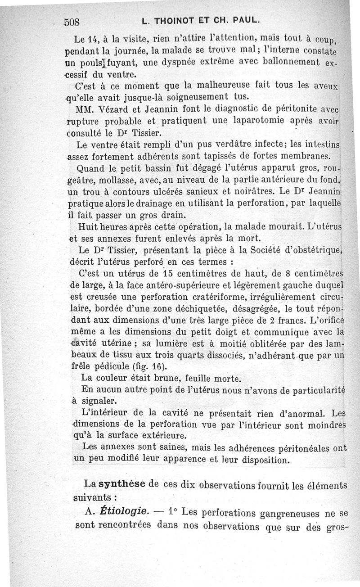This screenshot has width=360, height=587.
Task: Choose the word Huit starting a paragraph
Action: coord(88,226)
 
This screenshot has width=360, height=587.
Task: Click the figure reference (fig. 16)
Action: coord(141,366)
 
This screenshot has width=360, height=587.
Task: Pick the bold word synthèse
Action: coord(121,484)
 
